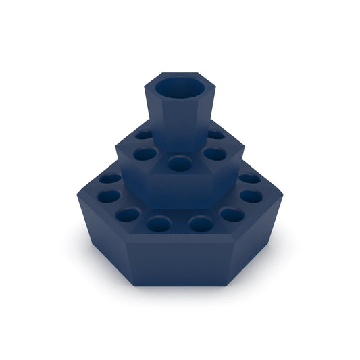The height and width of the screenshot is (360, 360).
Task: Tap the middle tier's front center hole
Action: tap(179, 163)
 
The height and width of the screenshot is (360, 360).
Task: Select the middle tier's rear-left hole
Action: tap(144, 134)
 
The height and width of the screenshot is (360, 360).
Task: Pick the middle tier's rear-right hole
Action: tap(216, 134)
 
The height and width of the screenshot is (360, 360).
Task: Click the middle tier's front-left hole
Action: tap(144, 154)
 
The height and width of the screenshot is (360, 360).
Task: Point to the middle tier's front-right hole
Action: tap(215, 154)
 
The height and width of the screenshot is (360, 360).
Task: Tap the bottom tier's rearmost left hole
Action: tap(110, 179)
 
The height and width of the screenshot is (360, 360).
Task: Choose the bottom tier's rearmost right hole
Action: tap(249, 178)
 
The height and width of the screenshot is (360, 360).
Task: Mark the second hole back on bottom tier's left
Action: tap(107, 196)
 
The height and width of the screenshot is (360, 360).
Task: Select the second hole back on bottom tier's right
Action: tap(251, 196)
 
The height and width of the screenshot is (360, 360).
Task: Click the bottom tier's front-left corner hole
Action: tap(127, 215)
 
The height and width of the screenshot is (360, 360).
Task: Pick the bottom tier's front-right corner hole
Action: tap(232, 215)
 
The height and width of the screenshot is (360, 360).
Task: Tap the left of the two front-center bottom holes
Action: tap(159, 224)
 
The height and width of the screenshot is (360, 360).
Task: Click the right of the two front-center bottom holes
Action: tap(200, 224)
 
